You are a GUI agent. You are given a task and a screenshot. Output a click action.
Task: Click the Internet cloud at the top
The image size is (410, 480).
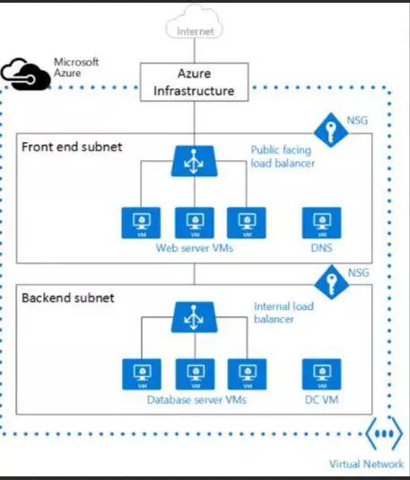tap(196, 26)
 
